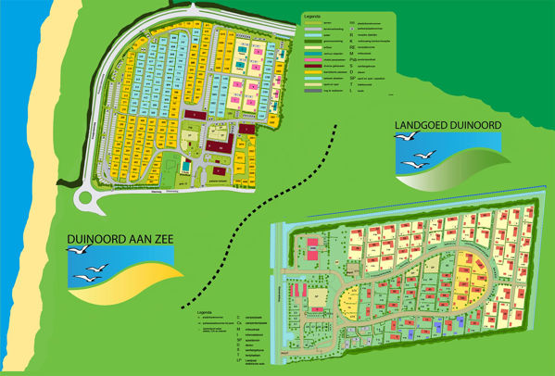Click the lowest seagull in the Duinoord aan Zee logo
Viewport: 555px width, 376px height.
click(86, 278)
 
